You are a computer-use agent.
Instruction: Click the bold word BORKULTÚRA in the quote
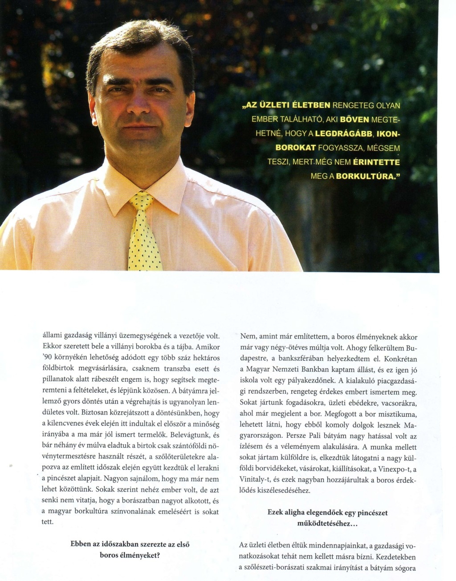365,176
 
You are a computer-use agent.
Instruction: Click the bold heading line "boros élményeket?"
130,555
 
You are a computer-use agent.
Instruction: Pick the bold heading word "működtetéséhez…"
327,523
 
